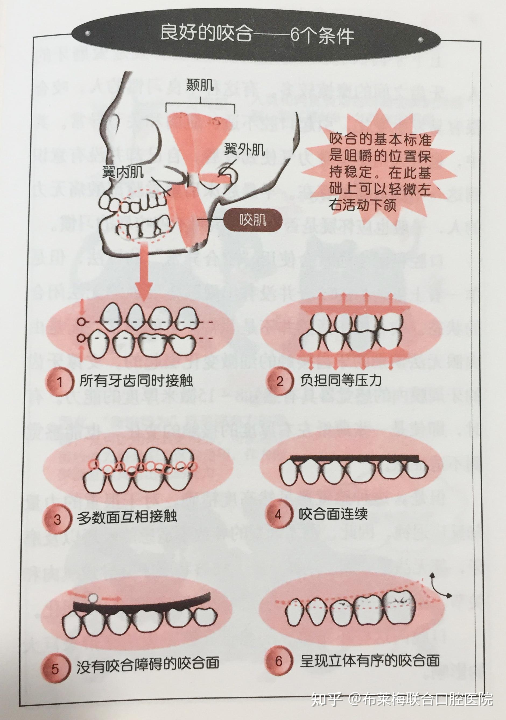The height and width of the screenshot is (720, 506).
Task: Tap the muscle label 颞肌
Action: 200,85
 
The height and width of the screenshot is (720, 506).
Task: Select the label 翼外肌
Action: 244,150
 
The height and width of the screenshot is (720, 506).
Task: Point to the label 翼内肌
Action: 123,172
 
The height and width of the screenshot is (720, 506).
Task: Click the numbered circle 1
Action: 59,382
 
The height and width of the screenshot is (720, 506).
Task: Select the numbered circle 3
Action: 57,519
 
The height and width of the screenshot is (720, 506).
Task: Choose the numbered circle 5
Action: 55,669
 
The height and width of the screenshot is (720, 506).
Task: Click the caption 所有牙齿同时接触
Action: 136,381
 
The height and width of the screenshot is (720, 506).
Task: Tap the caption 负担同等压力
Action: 340,380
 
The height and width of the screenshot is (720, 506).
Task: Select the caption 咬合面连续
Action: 333,514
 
